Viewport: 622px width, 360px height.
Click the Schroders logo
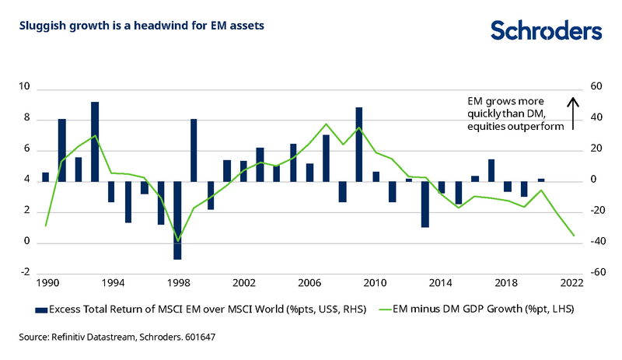(x=546, y=30)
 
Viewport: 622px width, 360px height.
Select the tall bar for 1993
(x=95, y=142)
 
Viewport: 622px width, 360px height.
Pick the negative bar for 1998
(x=177, y=220)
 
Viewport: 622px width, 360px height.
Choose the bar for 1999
(x=194, y=150)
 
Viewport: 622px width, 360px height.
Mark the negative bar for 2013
(x=425, y=204)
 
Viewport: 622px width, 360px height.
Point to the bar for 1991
(x=62, y=150)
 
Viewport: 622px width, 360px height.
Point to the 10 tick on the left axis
(x=25, y=88)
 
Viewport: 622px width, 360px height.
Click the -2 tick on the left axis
(x=25, y=273)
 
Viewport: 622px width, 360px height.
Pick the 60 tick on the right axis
(x=596, y=88)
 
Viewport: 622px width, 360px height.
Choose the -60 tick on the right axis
(x=596, y=273)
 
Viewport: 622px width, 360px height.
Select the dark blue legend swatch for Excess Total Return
(x=42, y=310)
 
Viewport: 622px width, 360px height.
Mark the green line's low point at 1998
(x=178, y=240)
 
